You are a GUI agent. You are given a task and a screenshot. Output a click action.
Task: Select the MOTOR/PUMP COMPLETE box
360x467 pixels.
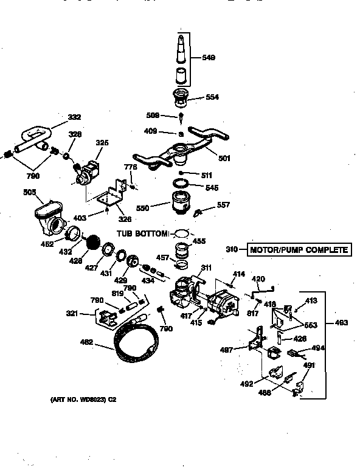pyautogui.click(x=299, y=249)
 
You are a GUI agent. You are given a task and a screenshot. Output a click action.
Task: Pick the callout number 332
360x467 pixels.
pyautogui.click(x=74, y=117)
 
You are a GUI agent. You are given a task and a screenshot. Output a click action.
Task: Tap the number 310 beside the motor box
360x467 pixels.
pyautogui.click(x=232, y=249)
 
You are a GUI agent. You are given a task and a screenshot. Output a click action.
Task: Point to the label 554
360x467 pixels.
pyautogui.click(x=212, y=97)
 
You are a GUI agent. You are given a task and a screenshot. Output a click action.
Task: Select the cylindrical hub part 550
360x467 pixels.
pyautogui.click(x=180, y=204)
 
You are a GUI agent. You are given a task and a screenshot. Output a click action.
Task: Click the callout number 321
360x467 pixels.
pyautogui.click(x=72, y=313)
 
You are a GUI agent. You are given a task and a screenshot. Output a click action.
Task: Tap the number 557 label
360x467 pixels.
pyautogui.click(x=224, y=205)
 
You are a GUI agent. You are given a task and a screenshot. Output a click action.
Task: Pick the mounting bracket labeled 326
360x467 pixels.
pyautogui.click(x=111, y=195)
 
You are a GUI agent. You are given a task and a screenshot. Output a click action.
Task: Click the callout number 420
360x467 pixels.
pyautogui.click(x=259, y=279)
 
